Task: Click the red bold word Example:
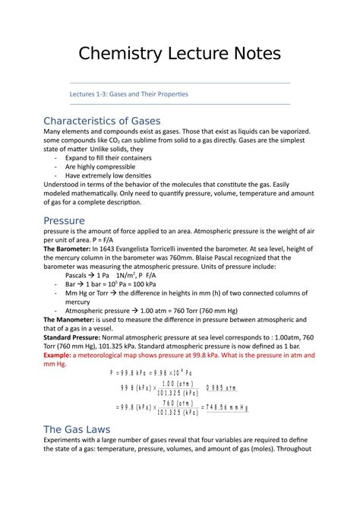tap(61, 356)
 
